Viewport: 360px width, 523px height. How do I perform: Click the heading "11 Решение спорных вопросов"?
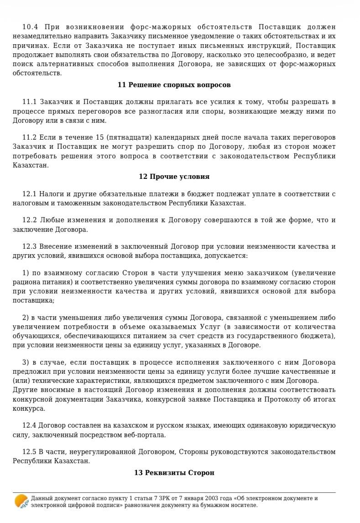(174, 85)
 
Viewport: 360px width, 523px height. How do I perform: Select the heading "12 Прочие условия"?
(174, 177)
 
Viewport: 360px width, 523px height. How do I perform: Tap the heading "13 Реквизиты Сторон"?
(174, 473)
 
